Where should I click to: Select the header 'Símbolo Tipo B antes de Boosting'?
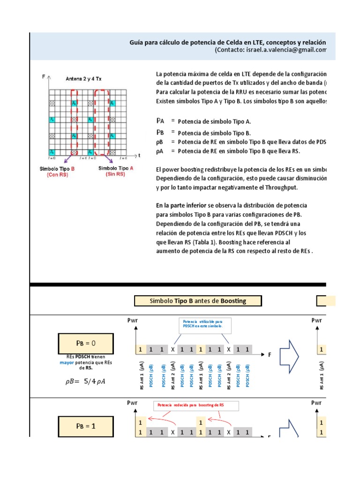pos(197,300)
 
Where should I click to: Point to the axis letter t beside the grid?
pos(139,154)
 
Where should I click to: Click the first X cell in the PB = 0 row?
pos(172,350)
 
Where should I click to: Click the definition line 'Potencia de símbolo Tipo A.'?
pos(214,121)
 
